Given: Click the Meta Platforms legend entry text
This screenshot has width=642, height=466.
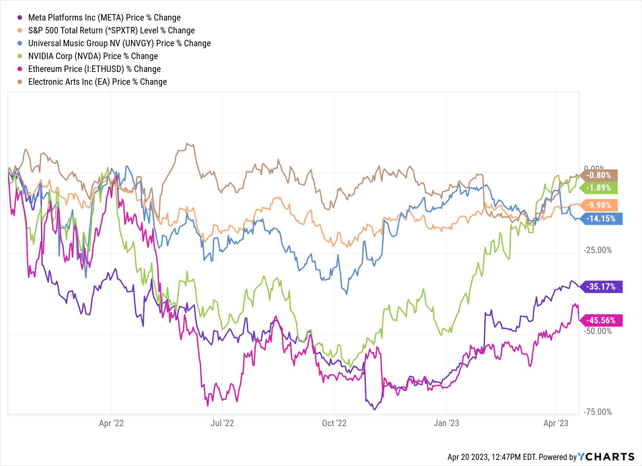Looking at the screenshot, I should click(x=104, y=18).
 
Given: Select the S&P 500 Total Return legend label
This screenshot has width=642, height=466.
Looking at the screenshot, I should click(x=111, y=31).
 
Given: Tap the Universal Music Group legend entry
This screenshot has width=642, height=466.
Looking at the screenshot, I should click(x=119, y=43).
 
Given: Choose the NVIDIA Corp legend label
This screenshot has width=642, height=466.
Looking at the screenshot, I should click(x=93, y=56).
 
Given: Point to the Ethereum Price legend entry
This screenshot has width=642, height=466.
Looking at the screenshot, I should click(x=94, y=69).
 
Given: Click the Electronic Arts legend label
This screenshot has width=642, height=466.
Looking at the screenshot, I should click(x=98, y=82).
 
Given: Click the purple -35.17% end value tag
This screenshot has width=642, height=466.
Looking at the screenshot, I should click(x=601, y=286).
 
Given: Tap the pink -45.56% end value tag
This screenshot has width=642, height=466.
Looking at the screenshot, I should click(x=601, y=320).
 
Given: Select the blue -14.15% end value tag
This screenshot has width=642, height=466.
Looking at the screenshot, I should click(x=601, y=219).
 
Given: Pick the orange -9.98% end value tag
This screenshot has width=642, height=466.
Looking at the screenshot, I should click(x=599, y=205).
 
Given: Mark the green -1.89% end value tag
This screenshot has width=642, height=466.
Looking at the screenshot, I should click(x=599, y=188).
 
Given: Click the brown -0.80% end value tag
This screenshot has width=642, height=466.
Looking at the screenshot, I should click(x=599, y=175).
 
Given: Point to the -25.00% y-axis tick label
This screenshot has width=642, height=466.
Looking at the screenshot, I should click(x=598, y=250).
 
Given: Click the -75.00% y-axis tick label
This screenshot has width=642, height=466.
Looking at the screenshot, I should click(x=598, y=412).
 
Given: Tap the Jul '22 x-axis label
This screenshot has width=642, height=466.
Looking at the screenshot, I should click(x=222, y=423).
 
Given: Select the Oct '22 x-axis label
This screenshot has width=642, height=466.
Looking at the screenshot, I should click(x=334, y=423).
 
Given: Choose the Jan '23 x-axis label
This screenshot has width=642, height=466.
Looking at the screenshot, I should click(x=446, y=423).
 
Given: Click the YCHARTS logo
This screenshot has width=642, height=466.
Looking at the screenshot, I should click(x=606, y=457).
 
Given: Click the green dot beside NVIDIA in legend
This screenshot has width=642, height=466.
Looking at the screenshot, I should click(x=20, y=56).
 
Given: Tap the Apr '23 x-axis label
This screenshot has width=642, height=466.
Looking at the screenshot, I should click(x=556, y=423).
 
